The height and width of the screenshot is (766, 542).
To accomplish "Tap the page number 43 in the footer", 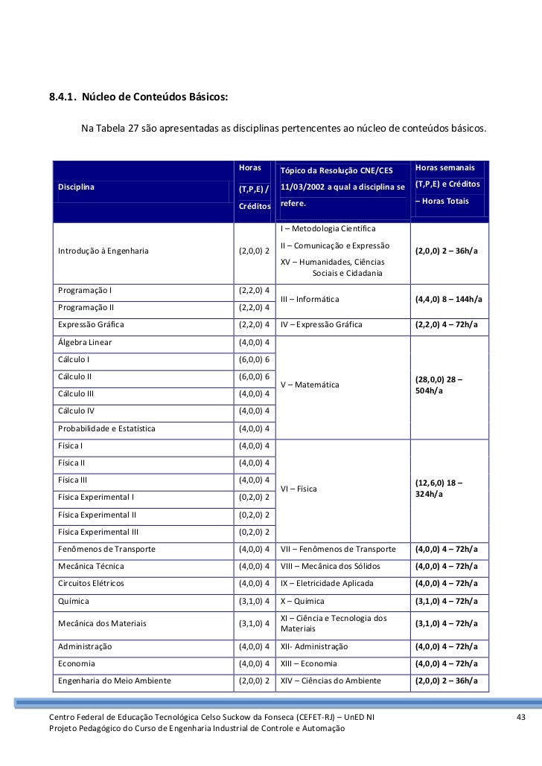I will point(520,716).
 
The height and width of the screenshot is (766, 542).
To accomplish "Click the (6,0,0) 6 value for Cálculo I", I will point(254,359).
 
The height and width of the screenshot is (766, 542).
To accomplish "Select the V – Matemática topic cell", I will point(310,384).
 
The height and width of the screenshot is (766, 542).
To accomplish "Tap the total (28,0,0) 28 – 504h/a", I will point(439,385).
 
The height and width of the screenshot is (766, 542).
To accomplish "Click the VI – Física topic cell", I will point(299,489).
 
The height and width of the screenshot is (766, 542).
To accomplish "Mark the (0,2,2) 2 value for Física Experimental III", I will point(254,532).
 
